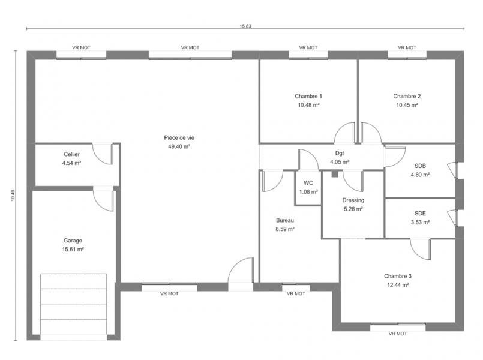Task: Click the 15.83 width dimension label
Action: pyautogui.click(x=245, y=26)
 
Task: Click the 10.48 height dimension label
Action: pyautogui.click(x=13, y=195)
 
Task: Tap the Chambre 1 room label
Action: pyautogui.click(x=308, y=97)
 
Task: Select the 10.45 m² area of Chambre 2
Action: pyautogui.click(x=407, y=105)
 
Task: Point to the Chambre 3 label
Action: pyautogui.click(x=398, y=276)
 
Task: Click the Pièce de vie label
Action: pyautogui.click(x=179, y=138)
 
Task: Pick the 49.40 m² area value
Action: pyautogui.click(x=179, y=146)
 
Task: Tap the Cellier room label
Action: pyautogui.click(x=72, y=154)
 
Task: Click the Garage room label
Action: pyautogui.click(x=73, y=241)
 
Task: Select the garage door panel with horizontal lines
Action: pyautogui.click(x=74, y=304)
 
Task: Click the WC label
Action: pyautogui.click(x=308, y=183)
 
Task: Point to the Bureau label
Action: pyautogui.click(x=285, y=220)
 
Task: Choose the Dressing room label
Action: pyautogui.click(x=353, y=200)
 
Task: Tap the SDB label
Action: pyautogui.click(x=420, y=166)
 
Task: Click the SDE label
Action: pyautogui.click(x=420, y=214)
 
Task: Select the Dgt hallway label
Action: pyautogui.click(x=340, y=154)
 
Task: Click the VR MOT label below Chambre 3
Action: pyautogui.click(x=398, y=334)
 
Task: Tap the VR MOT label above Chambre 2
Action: pyautogui.click(x=407, y=48)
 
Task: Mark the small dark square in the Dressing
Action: pyautogui.click(x=335, y=175)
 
